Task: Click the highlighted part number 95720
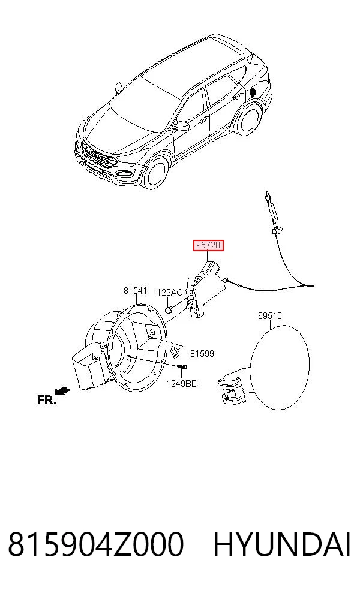(x=208, y=245)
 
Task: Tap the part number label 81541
(x=135, y=291)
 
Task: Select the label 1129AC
(x=167, y=293)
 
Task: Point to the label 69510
(x=269, y=315)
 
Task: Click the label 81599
(x=202, y=353)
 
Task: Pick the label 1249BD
(x=182, y=383)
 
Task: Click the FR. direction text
(x=47, y=400)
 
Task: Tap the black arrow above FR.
(x=62, y=392)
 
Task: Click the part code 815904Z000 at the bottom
(x=95, y=544)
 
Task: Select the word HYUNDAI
(x=282, y=544)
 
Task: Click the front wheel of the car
(x=155, y=173)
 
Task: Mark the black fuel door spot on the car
(x=253, y=91)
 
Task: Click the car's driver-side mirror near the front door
(x=182, y=125)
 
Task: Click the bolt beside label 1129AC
(x=169, y=309)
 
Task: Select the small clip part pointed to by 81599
(x=175, y=352)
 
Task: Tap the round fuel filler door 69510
(x=279, y=367)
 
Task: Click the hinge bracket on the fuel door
(x=232, y=387)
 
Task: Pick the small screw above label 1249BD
(x=182, y=366)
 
